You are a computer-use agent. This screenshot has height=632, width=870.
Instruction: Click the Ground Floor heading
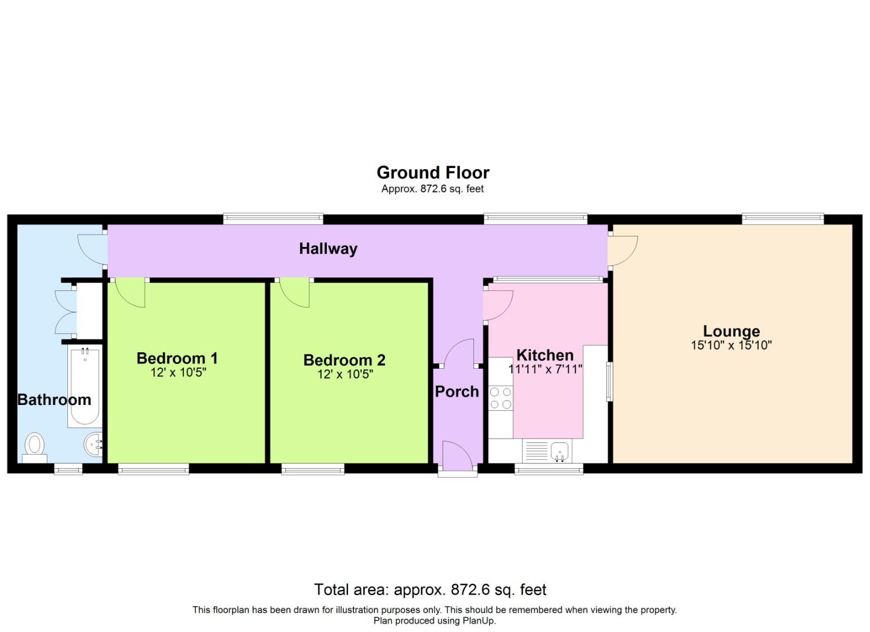coord(433,173)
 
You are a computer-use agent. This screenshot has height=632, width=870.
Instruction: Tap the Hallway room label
coord(328,249)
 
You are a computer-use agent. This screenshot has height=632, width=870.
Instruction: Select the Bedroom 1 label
coord(177,358)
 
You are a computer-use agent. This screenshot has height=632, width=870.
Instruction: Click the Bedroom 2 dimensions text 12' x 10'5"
coord(345,375)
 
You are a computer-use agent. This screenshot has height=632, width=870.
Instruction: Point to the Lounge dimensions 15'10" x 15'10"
coord(731,345)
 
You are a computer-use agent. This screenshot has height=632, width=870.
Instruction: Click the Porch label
coord(457,391)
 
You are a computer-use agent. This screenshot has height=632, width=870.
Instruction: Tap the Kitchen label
coord(545,355)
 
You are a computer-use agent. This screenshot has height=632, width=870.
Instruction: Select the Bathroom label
coord(54,400)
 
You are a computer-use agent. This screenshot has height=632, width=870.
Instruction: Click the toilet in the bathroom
coord(35,446)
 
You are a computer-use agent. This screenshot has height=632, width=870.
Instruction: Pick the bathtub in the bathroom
coord(85,386)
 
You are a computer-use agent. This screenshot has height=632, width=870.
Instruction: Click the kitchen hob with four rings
coord(500,398)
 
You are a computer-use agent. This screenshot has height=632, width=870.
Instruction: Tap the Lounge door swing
coord(622,250)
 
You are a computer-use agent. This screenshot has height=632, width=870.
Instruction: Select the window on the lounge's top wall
coord(783,219)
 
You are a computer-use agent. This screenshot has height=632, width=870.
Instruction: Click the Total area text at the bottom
coord(430,589)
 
